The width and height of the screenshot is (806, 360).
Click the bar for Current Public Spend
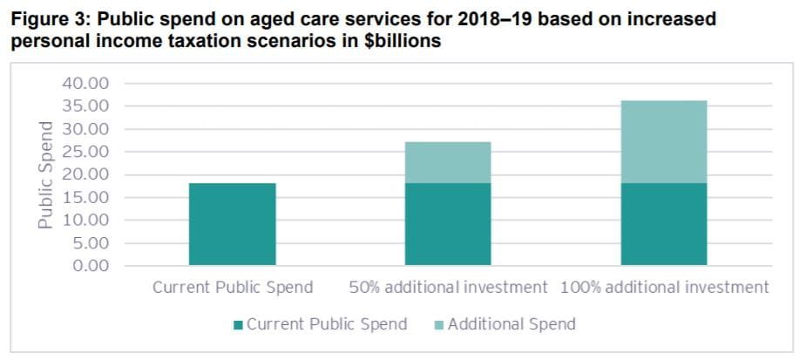coord(232,224)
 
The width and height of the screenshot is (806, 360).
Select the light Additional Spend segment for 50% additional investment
coord(448,162)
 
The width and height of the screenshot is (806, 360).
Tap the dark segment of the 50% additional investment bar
coord(448,224)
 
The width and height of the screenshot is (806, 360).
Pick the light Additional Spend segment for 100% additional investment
coord(663,141)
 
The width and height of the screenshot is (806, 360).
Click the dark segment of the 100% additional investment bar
coord(663,224)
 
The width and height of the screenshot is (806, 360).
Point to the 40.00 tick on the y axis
coord(85,84)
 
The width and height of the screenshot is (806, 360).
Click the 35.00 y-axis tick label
coord(85,106)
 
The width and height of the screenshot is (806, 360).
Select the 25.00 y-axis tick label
coord(85,152)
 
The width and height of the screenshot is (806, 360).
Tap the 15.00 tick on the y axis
coord(85,197)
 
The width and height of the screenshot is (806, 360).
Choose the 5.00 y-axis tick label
coord(90,243)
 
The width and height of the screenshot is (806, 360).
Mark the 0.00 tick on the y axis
coord(90,265)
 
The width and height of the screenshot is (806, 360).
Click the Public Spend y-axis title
coord(46,174)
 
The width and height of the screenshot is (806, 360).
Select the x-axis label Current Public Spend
coord(233,287)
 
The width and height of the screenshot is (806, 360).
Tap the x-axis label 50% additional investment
coord(448,287)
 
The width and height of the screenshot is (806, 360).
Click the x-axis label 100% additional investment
coord(665,287)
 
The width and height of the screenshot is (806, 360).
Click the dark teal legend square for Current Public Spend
coord(239,325)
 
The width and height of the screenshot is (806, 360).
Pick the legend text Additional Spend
coord(511,324)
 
